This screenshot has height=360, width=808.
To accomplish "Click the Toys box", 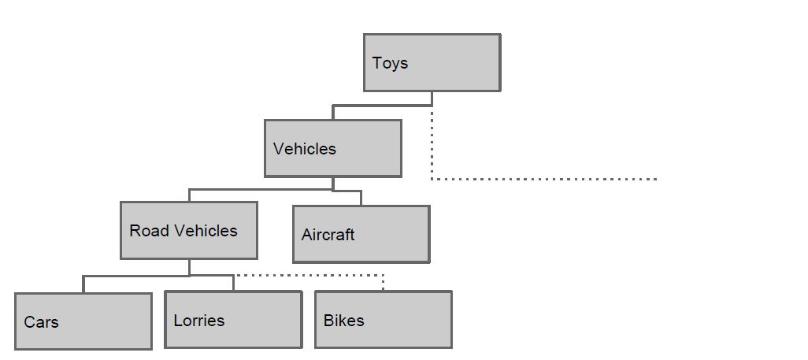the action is pos(432,62).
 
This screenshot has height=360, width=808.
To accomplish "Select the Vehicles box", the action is pos(333,149).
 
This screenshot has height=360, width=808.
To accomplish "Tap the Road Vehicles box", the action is pos(188,230).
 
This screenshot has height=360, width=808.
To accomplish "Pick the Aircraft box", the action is pos(361,234).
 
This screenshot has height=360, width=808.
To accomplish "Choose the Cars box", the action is pos(83,321).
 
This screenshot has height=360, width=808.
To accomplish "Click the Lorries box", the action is pos(233,320).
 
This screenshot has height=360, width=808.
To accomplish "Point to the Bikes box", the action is pos(384,320).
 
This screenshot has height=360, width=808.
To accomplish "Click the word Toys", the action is pos(390,64).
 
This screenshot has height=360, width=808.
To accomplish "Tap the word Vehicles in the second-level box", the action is pos(305,149).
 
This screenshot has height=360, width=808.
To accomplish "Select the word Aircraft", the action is pos(328,235).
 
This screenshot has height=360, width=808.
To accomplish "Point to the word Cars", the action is pos(41,322).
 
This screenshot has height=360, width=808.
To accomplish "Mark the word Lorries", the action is pos(199,321).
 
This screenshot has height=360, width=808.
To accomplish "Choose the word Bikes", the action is pos(343,321).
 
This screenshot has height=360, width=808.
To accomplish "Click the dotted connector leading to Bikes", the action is pos(309,276).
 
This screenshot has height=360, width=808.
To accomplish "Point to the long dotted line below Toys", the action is pos(544,179).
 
